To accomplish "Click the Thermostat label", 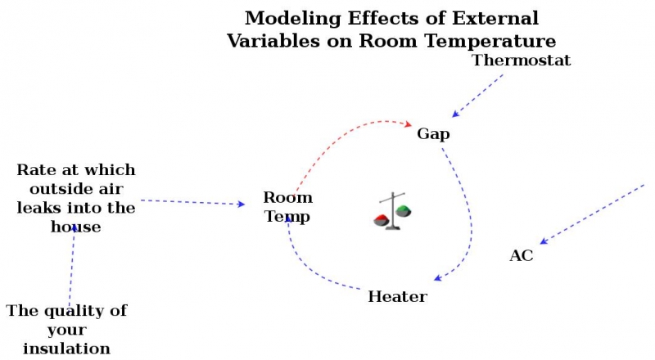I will (x=522, y=61).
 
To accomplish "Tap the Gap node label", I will (x=433, y=134).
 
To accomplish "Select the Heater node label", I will (x=397, y=296).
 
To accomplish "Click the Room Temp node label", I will (x=287, y=207).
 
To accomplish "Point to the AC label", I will (x=522, y=256).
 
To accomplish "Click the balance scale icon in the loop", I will (x=394, y=212).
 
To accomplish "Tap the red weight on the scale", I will (x=382, y=219).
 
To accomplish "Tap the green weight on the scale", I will (x=404, y=211).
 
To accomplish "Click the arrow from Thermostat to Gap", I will (x=478, y=94).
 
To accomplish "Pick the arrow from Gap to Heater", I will (x=466, y=213).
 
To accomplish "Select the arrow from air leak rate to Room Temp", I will (x=192, y=202).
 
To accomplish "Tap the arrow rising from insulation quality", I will (x=72, y=266).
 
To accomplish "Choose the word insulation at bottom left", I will (x=66, y=348).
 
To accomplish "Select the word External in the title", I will (x=490, y=18).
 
